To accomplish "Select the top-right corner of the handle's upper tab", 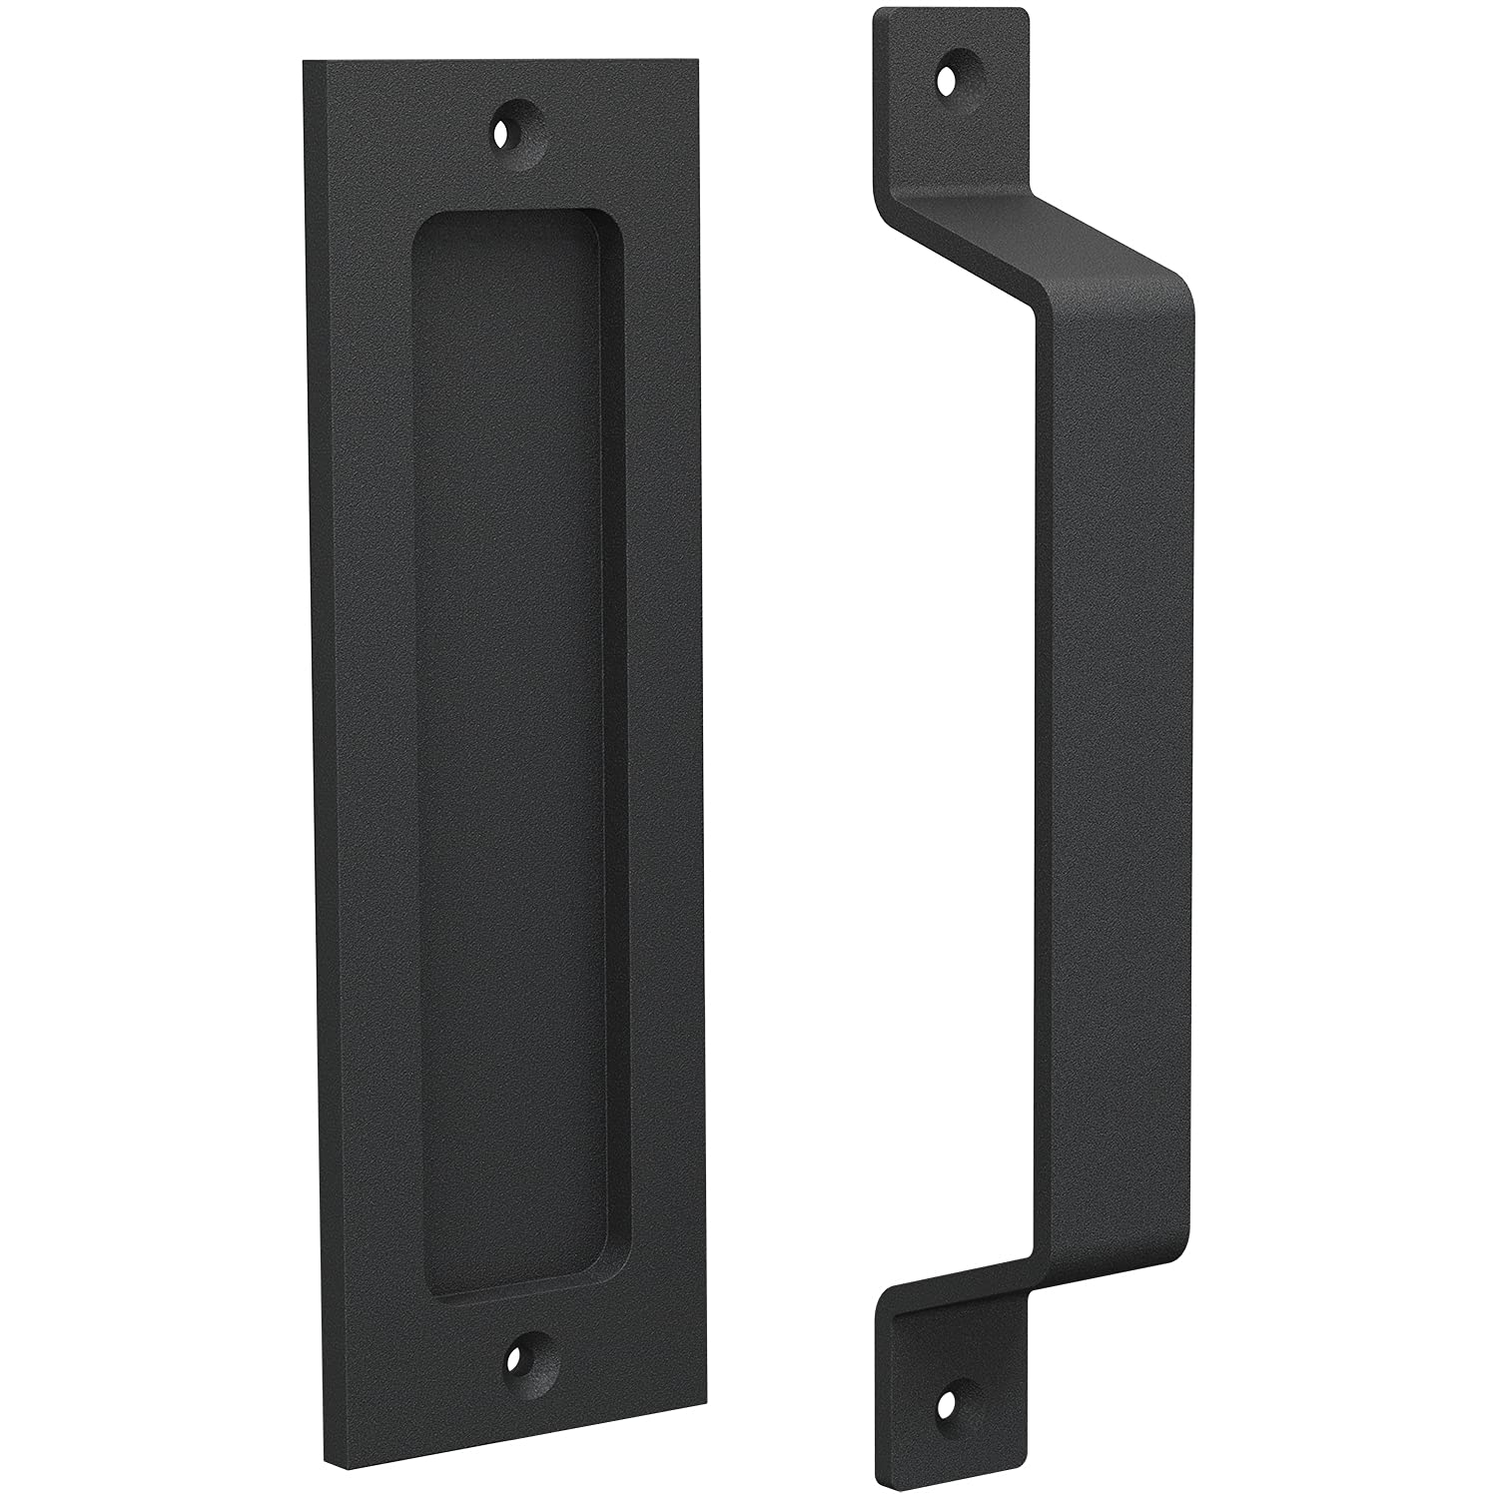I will point(1025,12).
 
